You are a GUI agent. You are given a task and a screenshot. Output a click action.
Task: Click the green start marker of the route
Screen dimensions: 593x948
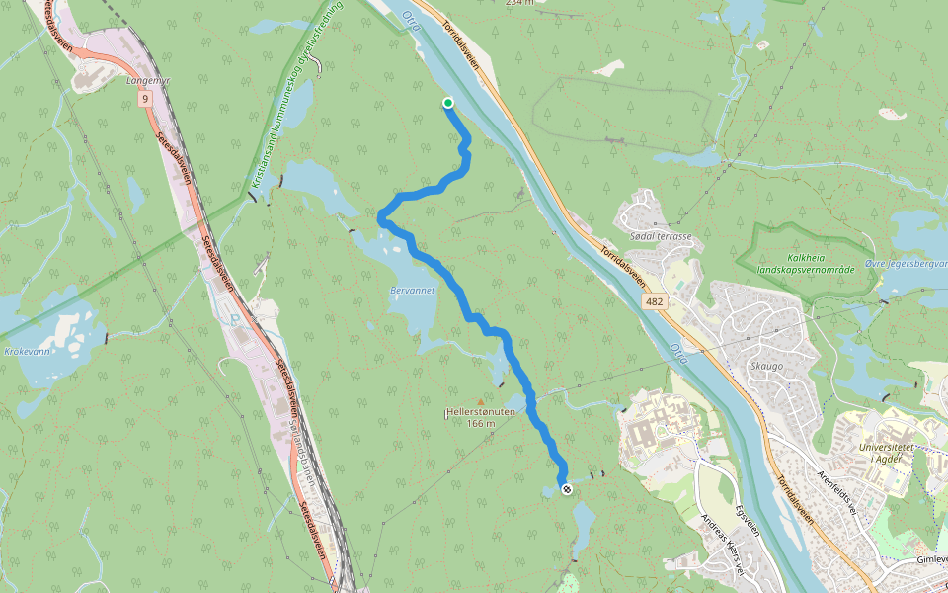[448, 103]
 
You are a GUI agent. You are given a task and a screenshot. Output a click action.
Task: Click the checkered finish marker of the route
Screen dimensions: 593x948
[566, 489]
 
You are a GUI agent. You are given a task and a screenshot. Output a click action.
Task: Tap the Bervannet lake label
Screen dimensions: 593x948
[413, 291]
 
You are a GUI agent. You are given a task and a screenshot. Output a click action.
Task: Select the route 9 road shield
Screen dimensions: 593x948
[145, 99]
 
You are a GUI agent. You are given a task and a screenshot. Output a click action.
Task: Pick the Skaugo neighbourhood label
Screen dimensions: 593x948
[766, 366]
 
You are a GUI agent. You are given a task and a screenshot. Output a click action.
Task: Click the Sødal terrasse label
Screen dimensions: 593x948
[660, 238]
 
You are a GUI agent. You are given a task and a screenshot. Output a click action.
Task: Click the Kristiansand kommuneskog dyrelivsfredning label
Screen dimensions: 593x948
[295, 95]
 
